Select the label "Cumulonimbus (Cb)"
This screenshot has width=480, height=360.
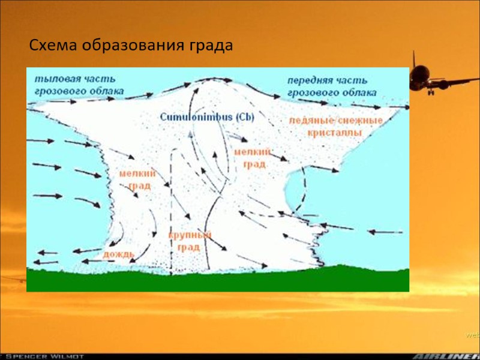pos(206,117)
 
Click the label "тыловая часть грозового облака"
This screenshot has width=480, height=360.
pos(79,85)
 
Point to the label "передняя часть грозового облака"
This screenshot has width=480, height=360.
pos(331,86)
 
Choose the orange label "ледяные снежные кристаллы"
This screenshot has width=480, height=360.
pos(335,126)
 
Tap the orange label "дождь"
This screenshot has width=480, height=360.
pos(118,254)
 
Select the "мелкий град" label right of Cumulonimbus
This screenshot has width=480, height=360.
pos(252,158)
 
